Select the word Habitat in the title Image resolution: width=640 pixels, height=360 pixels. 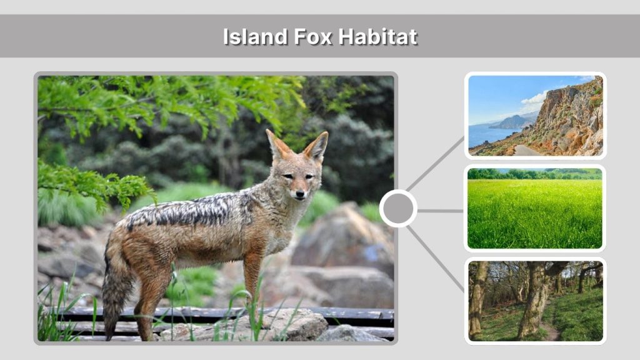pos(377,36)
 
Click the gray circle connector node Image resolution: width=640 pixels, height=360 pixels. pos(398,208)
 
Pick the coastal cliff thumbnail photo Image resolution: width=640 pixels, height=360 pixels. pos(535,116)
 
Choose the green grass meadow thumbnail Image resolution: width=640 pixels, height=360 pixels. pos(535,208)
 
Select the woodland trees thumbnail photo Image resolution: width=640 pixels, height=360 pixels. pos(535,301)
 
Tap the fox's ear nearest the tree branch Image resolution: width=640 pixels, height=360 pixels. pos(276,144)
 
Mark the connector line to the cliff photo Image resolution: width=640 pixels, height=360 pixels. pos(435,163)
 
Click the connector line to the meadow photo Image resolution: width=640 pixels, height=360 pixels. pos(440,211)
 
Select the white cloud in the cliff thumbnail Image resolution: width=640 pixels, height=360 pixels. pos(534,99)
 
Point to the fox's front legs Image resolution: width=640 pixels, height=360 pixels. pos(253,275)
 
